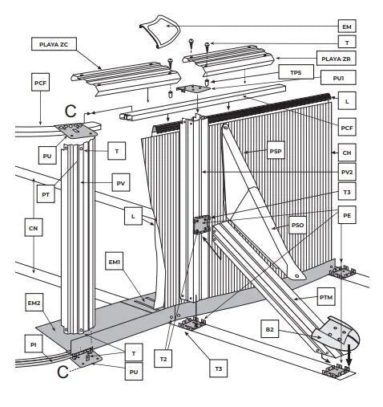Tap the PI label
click(x=34, y=344)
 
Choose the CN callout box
click(x=34, y=230)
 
